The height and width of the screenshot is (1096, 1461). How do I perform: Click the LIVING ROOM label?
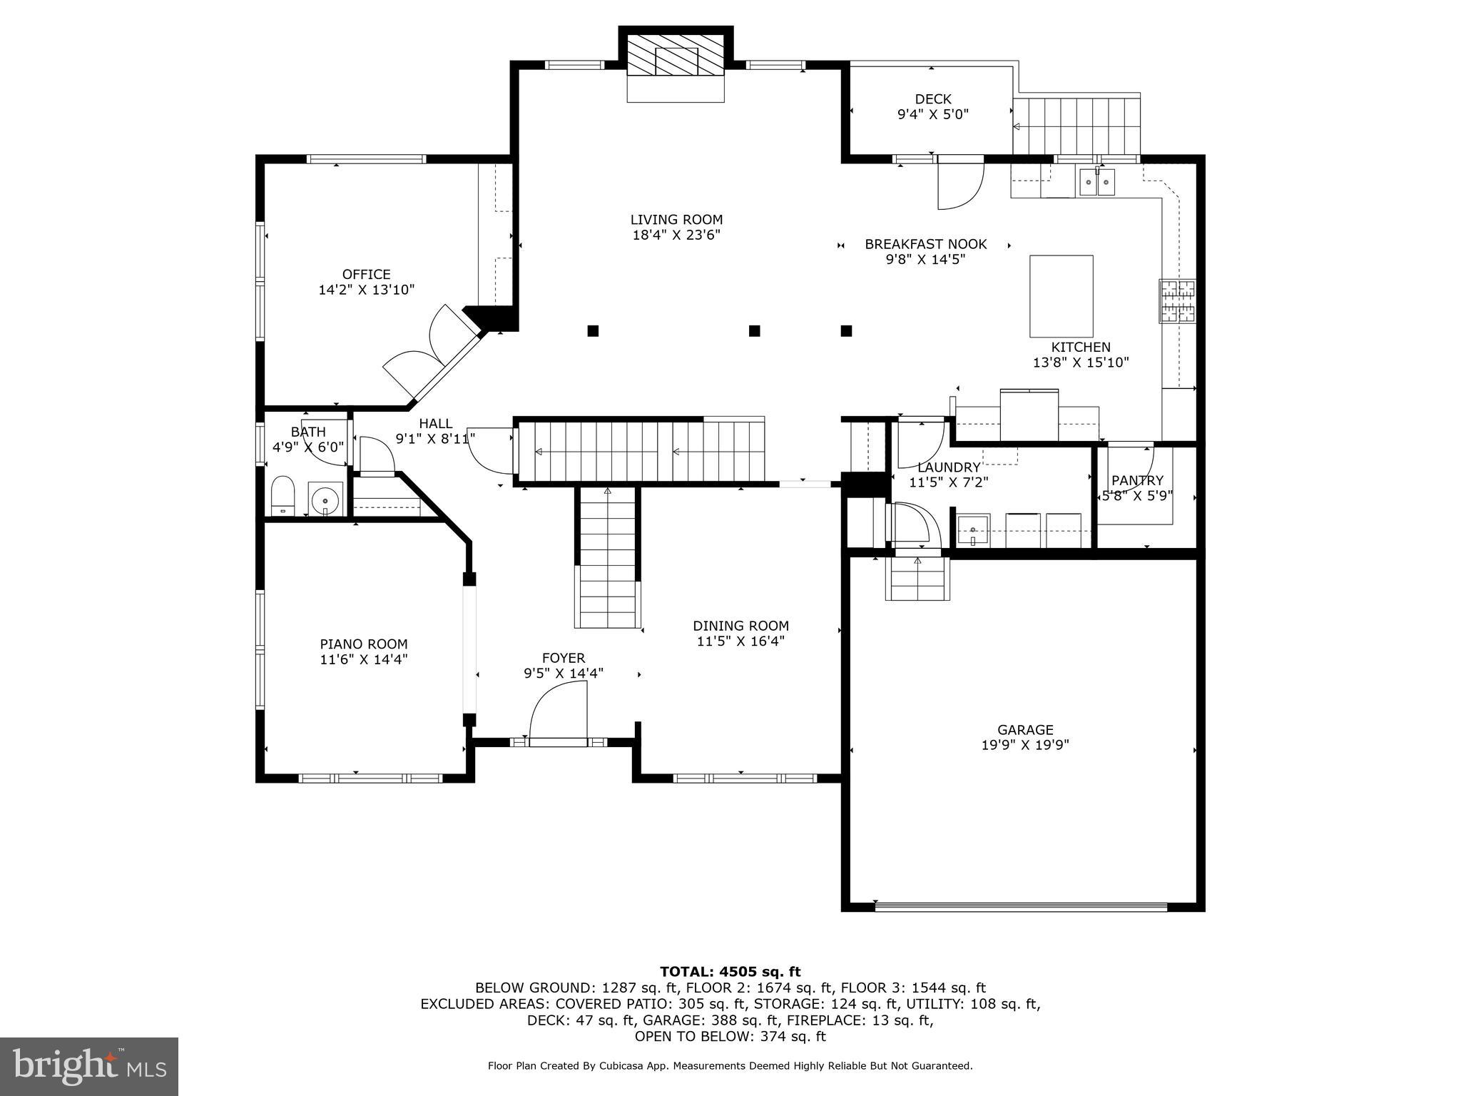pyautogui.click(x=676, y=220)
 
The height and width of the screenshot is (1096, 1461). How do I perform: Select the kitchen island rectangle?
pyautogui.click(x=1061, y=295)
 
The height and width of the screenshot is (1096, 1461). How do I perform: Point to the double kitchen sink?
pyautogui.click(x=1096, y=183)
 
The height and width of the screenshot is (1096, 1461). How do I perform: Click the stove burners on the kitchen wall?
pyautogui.click(x=1177, y=300)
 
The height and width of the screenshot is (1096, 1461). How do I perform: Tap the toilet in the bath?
pyautogui.click(x=282, y=495)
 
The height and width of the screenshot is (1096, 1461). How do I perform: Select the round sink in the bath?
pyautogui.click(x=325, y=498)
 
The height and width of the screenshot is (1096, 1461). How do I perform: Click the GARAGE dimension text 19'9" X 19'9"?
pyautogui.click(x=1024, y=745)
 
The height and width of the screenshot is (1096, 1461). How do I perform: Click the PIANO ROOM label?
pyautogui.click(x=363, y=644)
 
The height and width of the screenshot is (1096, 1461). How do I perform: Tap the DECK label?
pyautogui.click(x=932, y=99)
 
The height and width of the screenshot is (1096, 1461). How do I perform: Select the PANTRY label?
pyautogui.click(x=1137, y=480)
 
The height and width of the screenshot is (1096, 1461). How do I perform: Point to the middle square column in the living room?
pyautogui.click(x=754, y=330)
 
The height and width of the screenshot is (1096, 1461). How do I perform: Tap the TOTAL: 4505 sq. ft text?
pyautogui.click(x=730, y=971)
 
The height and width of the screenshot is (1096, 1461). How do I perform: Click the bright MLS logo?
pyautogui.click(x=88, y=1066)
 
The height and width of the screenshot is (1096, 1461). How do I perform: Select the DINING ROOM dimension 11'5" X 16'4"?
pyautogui.click(x=740, y=641)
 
